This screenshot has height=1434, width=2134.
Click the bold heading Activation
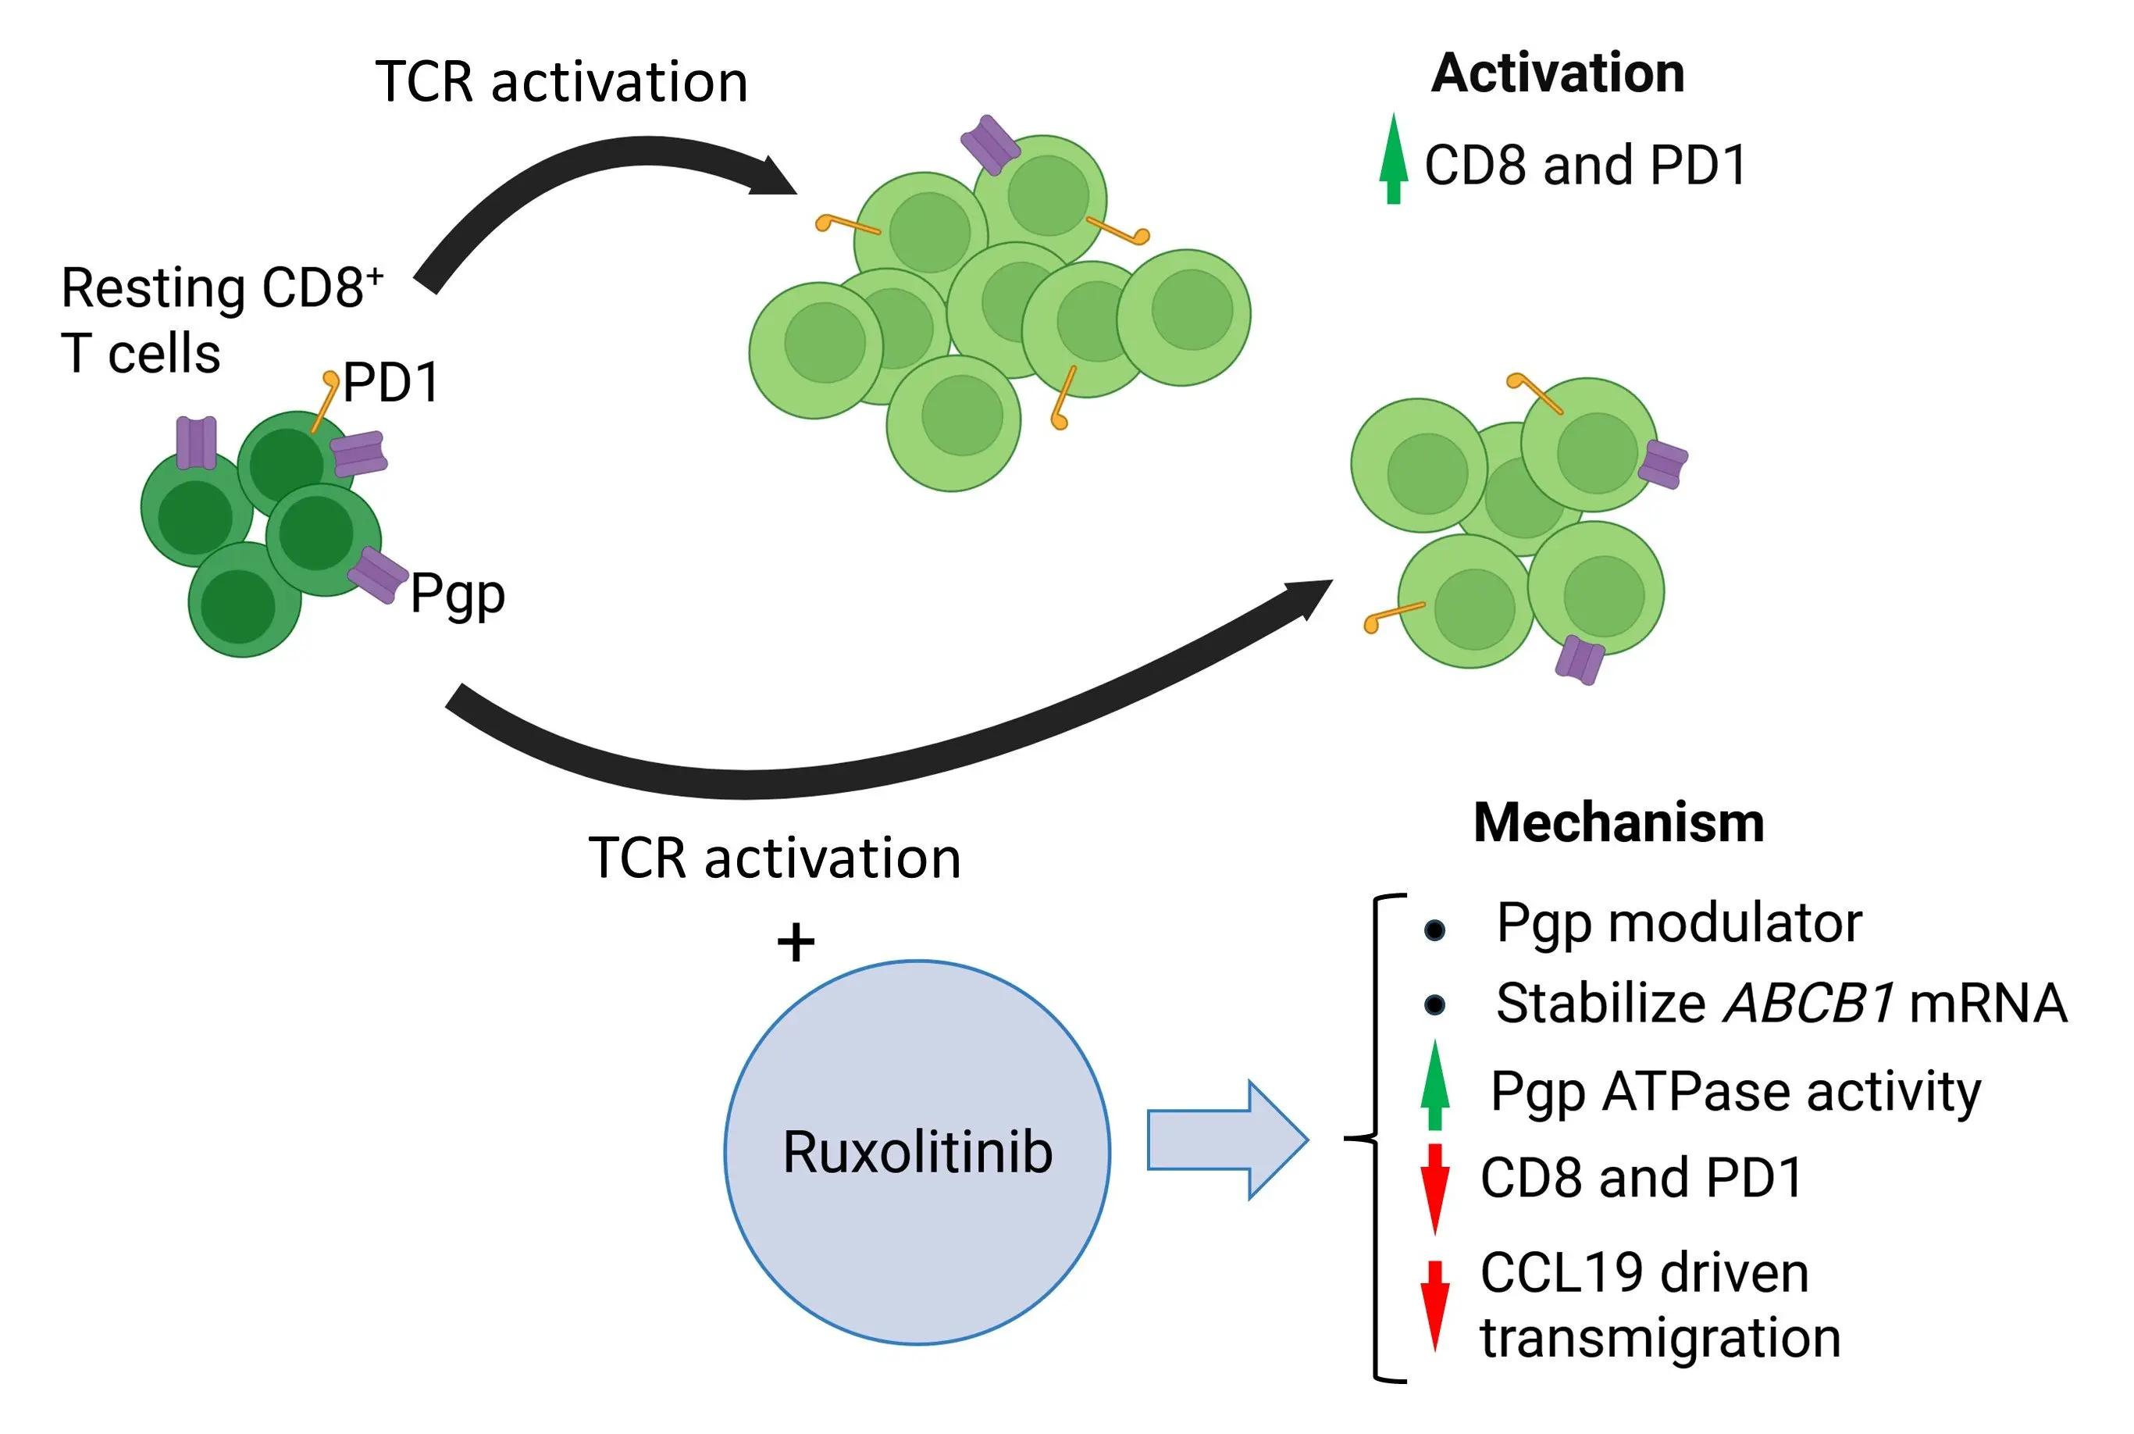(1557, 73)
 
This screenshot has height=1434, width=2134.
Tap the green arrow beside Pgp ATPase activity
(1434, 1086)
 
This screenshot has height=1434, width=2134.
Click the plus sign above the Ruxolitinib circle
(796, 942)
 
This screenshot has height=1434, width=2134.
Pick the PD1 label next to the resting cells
(391, 382)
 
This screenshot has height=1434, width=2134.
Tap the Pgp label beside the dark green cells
(457, 594)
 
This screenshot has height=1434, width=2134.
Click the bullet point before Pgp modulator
(1434, 930)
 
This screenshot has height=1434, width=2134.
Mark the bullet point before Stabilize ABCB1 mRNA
(1434, 1005)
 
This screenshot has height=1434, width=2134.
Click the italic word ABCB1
(1808, 1003)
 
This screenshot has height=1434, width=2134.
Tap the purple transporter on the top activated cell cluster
(989, 144)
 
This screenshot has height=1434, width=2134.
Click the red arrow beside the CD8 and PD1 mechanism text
(1434, 1187)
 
